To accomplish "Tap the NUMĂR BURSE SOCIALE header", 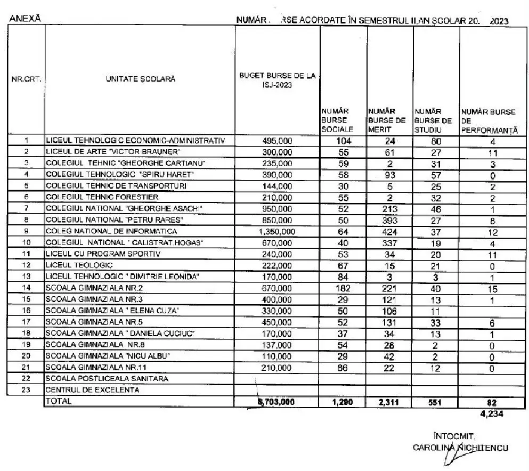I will (x=334, y=120).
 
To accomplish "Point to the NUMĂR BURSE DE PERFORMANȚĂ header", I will (x=488, y=120).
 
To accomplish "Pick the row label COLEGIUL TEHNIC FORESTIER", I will (x=102, y=197).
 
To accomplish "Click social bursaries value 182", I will (x=343, y=288).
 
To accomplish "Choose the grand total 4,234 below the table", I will (x=490, y=412).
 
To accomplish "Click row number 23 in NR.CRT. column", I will (x=26, y=389).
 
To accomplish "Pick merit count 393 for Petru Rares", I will (x=390, y=220).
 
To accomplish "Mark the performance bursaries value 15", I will (x=493, y=288).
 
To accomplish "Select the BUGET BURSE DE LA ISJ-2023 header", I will (x=277, y=79).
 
